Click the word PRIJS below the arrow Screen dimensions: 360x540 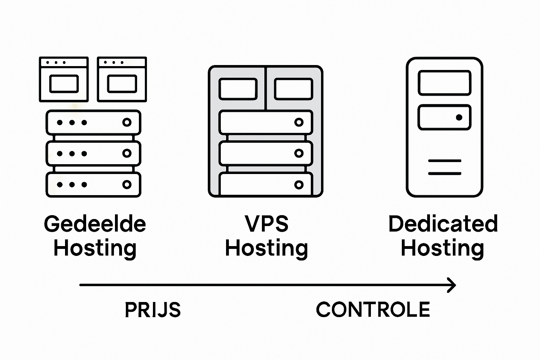point(153,310)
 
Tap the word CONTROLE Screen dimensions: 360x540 point(373,310)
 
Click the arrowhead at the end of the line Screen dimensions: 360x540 point(452,285)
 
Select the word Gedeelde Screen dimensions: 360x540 point(95,224)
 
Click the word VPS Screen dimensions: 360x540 point(267,224)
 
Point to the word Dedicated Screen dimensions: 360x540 point(443,224)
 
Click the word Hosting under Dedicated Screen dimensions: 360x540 point(442,248)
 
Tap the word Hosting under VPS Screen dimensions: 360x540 point(266,248)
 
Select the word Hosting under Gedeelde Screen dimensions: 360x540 point(95,248)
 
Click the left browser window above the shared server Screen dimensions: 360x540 point(64,79)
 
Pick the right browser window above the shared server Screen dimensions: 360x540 point(122,79)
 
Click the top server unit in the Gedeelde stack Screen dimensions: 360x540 point(93,122)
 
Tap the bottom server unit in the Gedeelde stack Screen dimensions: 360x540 point(93,185)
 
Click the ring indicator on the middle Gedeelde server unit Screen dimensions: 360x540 point(127,153)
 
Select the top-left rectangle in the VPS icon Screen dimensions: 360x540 point(238,89)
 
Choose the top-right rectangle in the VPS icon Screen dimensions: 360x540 point(293,89)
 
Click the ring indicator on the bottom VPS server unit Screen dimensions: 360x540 point(299,185)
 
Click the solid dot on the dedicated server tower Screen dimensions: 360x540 point(459,117)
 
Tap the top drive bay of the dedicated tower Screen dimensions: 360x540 point(444,83)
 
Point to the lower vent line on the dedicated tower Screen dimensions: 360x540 point(444,173)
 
